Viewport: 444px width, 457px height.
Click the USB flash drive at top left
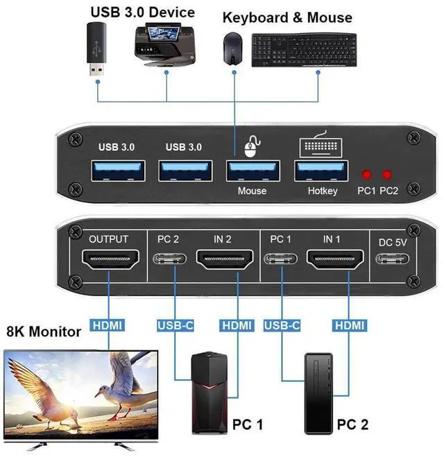[x=96, y=50]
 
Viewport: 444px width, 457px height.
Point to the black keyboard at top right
[x=303, y=51]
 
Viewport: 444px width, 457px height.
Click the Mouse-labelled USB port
[x=252, y=171]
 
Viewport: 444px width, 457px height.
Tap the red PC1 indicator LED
[x=366, y=175]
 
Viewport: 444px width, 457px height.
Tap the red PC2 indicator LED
[x=386, y=175]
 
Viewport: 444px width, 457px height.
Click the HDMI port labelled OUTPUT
[x=109, y=261]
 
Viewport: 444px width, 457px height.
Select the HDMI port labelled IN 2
[x=222, y=261]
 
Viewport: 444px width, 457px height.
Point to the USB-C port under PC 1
[x=280, y=261]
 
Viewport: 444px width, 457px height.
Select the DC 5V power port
[x=392, y=261]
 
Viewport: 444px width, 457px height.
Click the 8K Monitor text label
[x=43, y=331]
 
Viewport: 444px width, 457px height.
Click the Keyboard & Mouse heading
[x=287, y=17]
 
